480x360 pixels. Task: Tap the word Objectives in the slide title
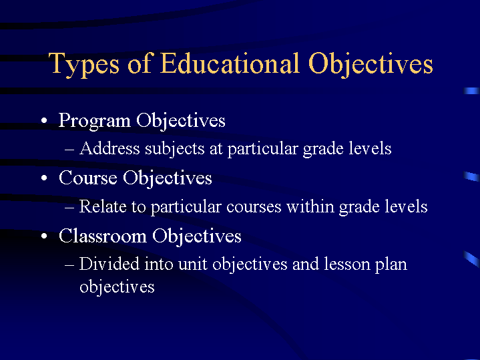(371, 64)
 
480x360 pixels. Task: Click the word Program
(94, 121)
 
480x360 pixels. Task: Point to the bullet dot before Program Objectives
(43, 122)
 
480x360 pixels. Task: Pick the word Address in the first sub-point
(109, 148)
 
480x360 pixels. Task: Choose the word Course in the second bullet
(87, 178)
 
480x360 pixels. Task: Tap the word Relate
(102, 206)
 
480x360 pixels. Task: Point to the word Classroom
(103, 236)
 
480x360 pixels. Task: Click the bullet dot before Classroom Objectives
(43, 238)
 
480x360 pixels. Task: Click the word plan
(392, 265)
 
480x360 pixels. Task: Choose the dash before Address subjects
(71, 149)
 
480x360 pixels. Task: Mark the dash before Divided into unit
(71, 264)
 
